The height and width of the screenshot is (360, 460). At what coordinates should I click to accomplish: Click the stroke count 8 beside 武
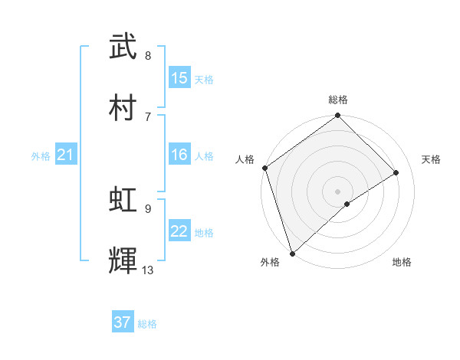coord(148,56)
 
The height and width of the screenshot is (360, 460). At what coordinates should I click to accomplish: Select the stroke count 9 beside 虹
coord(148,208)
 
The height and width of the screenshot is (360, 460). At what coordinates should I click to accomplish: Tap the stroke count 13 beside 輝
coord(148,270)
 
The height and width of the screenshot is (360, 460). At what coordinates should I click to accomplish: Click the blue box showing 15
coord(179,78)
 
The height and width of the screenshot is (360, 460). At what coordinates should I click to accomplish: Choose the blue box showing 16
coord(179,155)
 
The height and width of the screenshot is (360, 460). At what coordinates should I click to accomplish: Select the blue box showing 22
coord(179,232)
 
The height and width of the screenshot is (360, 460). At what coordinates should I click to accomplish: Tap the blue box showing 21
coord(65,155)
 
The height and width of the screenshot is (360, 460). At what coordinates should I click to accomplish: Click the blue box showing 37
coord(123,322)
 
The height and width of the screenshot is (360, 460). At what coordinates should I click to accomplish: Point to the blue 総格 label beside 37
coord(147,324)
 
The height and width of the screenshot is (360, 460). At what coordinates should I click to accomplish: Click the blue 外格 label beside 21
coord(41,156)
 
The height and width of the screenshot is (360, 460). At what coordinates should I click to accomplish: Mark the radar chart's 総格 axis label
coord(338,100)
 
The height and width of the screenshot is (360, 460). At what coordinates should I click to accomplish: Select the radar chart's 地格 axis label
coord(402,262)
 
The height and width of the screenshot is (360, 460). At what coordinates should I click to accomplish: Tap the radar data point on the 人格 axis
coord(264,168)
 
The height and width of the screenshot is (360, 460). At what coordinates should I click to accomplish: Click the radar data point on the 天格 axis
coord(396,172)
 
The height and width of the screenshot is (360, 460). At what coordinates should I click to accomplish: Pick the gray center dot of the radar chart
coord(338,191)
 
